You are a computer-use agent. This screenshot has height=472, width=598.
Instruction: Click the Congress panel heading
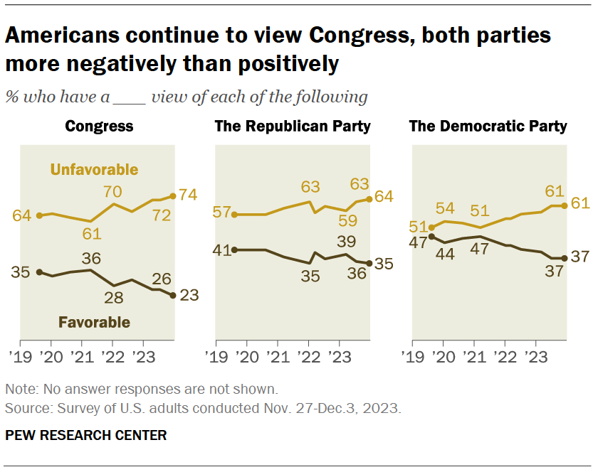pyautogui.click(x=99, y=127)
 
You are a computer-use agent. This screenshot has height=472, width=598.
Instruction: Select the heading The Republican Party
pyautogui.click(x=293, y=127)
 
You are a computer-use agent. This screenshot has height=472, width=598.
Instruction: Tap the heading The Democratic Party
pyautogui.click(x=488, y=127)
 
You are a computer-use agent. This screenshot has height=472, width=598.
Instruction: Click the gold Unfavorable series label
pyautogui.click(x=93, y=169)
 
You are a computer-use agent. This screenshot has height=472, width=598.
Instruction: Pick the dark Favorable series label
pyautogui.click(x=94, y=322)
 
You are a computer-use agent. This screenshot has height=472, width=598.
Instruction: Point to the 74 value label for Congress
pyautogui.click(x=188, y=195)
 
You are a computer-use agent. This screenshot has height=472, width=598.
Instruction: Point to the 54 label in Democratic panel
pyautogui.click(x=445, y=208)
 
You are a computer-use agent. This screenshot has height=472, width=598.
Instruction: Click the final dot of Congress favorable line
pyautogui.click(x=173, y=295)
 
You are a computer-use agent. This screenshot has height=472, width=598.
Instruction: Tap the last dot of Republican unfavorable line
pyautogui.click(x=369, y=199)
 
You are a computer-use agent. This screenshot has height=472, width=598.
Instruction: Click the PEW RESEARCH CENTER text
pyautogui.click(x=85, y=435)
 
